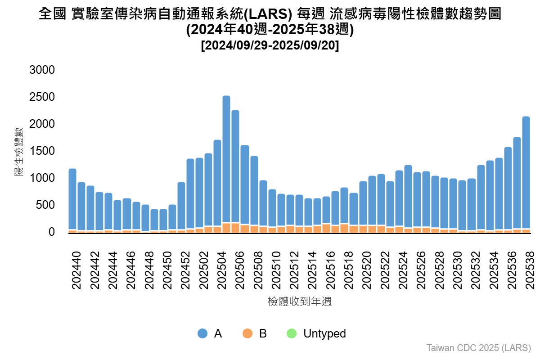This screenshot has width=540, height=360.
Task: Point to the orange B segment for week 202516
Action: (x=326, y=228)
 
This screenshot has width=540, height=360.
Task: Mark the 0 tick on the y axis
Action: (x=51, y=232)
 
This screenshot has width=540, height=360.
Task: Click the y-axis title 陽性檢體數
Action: (x=19, y=151)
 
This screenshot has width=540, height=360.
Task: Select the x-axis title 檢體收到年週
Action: (x=299, y=301)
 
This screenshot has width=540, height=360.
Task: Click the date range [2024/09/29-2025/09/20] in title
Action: (x=270, y=46)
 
